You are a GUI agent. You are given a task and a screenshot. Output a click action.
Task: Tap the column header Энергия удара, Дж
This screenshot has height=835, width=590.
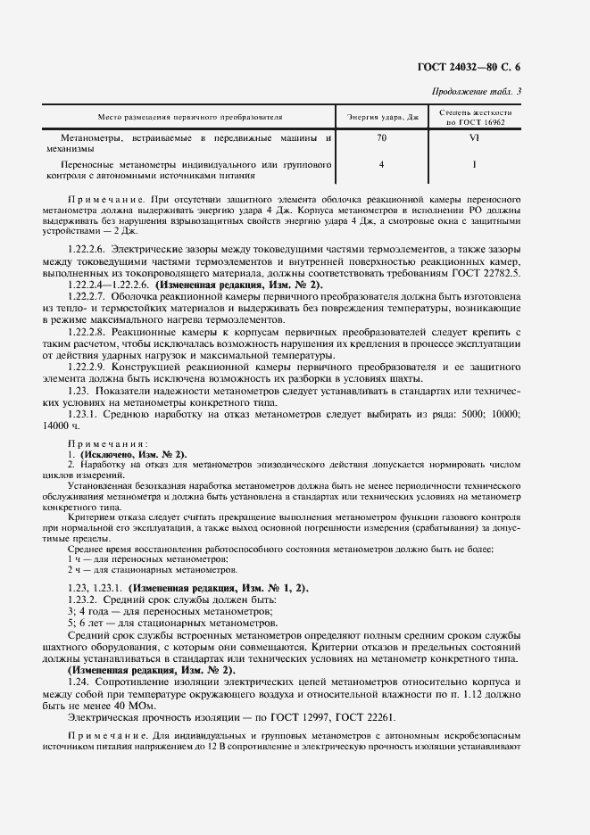click(x=381, y=117)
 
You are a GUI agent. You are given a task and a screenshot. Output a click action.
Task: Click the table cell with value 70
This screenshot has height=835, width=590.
click(x=381, y=138)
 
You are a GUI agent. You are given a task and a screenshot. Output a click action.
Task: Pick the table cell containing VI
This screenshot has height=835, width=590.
click(x=474, y=138)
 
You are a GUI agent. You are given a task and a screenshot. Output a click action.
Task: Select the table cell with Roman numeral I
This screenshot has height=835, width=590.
click(x=474, y=164)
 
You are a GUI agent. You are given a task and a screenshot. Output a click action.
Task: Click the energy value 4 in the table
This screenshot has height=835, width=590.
click(x=381, y=164)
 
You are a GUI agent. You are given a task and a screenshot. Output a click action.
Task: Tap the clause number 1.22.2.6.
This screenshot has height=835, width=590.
click(x=87, y=247)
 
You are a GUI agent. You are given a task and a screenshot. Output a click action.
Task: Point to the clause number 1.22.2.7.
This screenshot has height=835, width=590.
click(x=87, y=294)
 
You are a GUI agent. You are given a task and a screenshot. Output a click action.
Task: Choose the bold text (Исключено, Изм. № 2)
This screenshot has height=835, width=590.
click(x=132, y=454)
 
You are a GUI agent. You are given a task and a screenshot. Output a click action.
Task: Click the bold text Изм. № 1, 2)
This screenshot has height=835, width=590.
click(x=274, y=589)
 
